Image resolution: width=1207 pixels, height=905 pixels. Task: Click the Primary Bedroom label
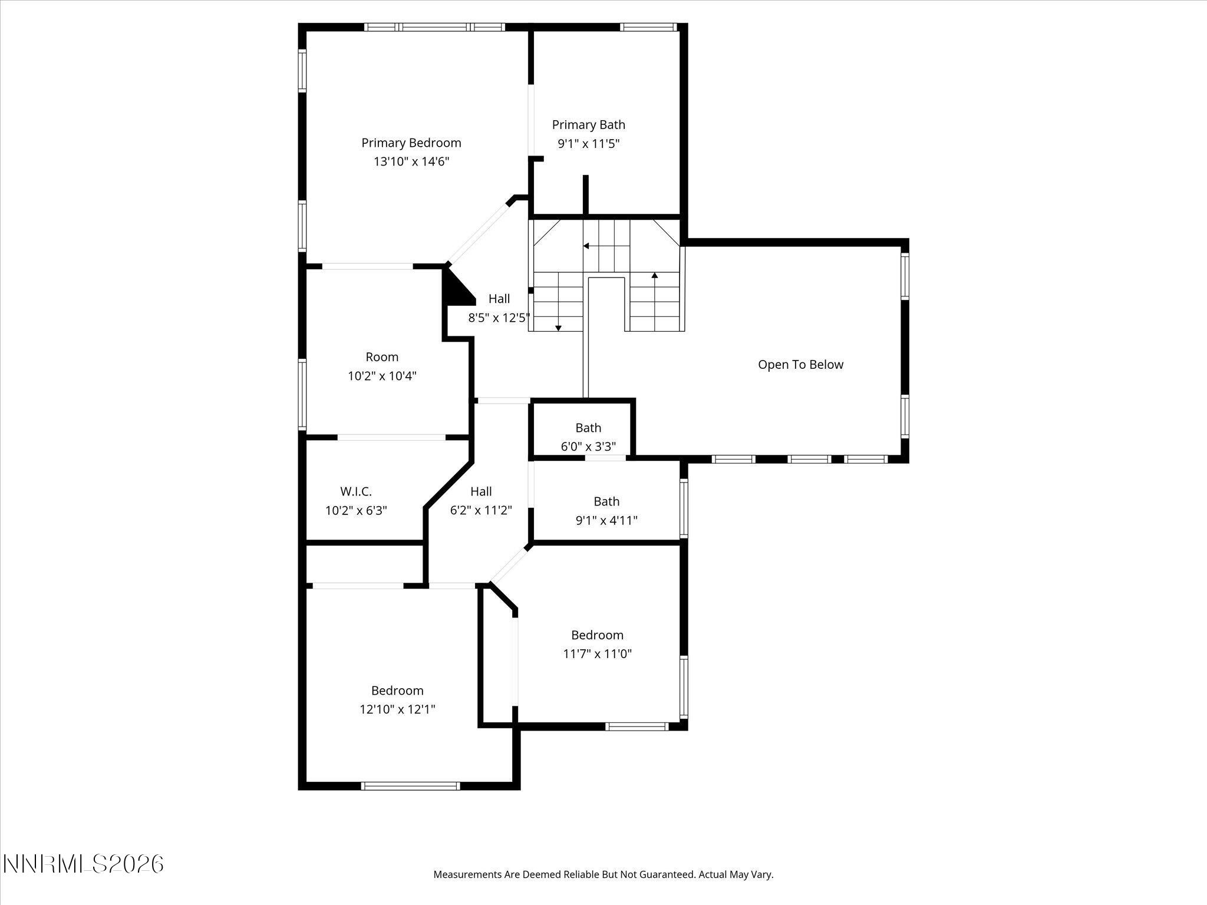pyautogui.click(x=411, y=143)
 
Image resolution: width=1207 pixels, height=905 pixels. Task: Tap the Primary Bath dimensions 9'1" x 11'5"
pyautogui.click(x=588, y=143)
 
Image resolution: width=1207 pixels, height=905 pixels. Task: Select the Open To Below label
pyautogui.click(x=800, y=365)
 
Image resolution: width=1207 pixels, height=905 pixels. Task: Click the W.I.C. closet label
pyautogui.click(x=355, y=491)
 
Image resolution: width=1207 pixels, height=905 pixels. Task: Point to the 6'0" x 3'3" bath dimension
pyautogui.click(x=588, y=447)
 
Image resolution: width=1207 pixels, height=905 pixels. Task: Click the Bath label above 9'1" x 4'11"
pyautogui.click(x=606, y=501)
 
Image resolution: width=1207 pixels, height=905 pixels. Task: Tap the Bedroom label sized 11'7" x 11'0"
pyautogui.click(x=597, y=635)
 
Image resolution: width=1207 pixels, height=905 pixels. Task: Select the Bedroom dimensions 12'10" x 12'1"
pyautogui.click(x=397, y=709)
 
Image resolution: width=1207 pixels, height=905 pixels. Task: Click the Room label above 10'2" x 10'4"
pyautogui.click(x=382, y=357)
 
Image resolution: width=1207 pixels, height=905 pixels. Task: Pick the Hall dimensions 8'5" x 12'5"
pyautogui.click(x=499, y=318)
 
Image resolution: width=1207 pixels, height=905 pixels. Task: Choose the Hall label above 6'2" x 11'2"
pyautogui.click(x=481, y=491)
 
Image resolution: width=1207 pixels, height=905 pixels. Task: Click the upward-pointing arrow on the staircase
pyautogui.click(x=654, y=275)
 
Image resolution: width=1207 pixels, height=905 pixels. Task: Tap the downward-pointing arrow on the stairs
pyautogui.click(x=558, y=327)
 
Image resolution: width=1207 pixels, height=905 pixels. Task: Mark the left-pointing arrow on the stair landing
pyautogui.click(x=586, y=246)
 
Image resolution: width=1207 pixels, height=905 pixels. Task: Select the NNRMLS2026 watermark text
pyautogui.click(x=83, y=864)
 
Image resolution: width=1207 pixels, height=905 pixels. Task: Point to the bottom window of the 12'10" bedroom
pyautogui.click(x=410, y=785)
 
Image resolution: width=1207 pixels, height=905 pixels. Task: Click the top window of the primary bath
pyautogui.click(x=648, y=27)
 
